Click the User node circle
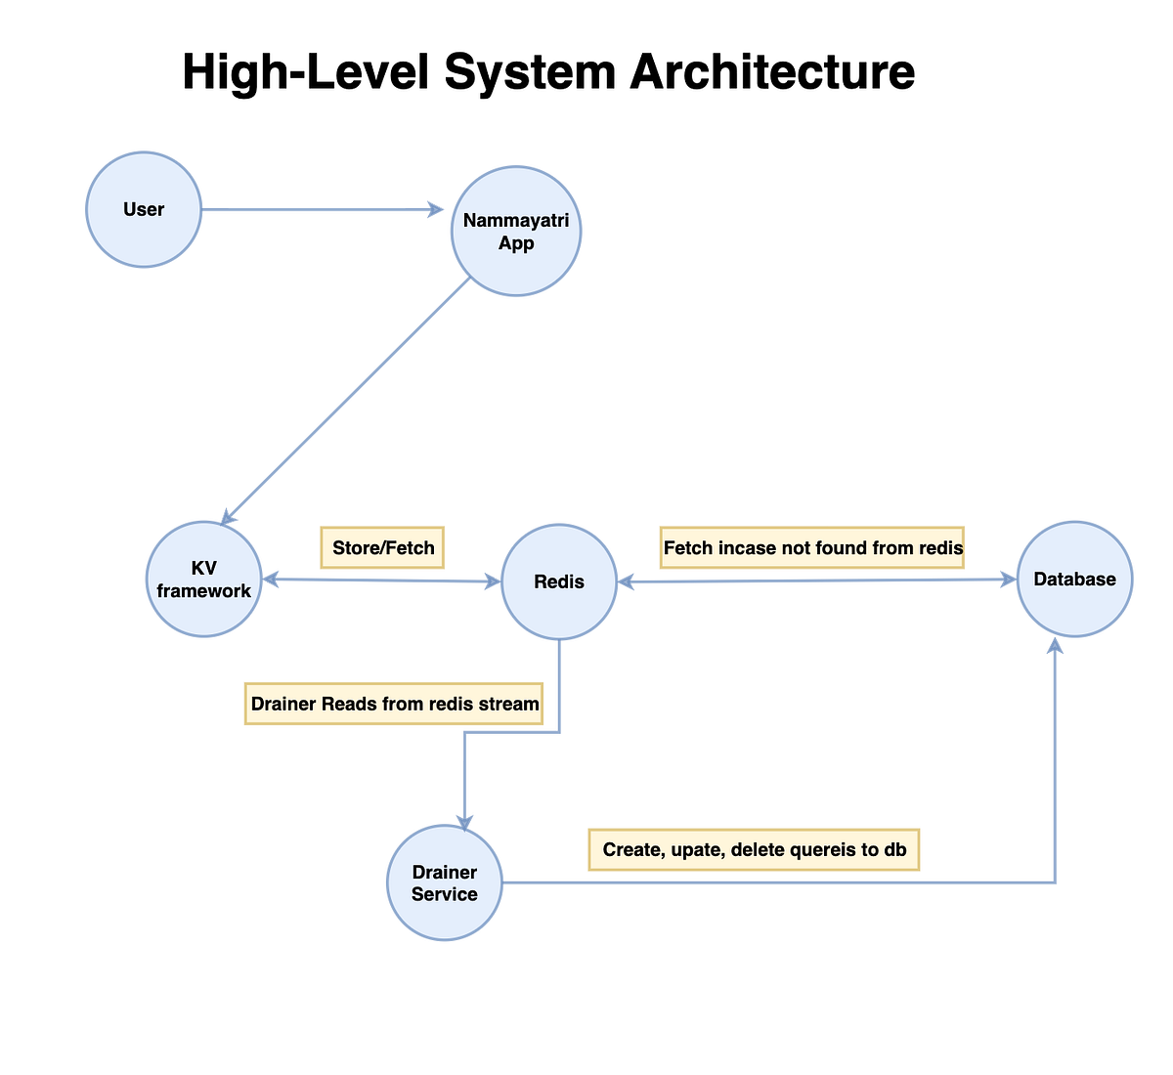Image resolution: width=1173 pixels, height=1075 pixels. click(x=144, y=209)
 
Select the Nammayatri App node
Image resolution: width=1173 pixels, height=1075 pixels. click(x=516, y=232)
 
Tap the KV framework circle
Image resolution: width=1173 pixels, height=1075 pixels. click(x=204, y=580)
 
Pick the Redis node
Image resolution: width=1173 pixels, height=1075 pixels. click(x=559, y=581)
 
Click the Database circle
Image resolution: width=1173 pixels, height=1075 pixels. click(x=1074, y=580)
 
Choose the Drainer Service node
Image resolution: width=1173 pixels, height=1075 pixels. click(x=445, y=882)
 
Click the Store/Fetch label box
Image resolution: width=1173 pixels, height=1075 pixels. click(x=383, y=547)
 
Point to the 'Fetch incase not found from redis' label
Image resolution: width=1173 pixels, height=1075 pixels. click(x=812, y=547)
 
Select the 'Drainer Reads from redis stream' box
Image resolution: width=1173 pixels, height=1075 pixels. click(x=394, y=704)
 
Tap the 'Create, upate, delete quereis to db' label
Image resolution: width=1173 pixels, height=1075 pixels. click(x=754, y=849)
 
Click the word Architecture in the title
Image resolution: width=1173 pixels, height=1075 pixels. click(x=772, y=72)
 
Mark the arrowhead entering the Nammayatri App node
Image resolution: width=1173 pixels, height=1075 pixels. click(x=436, y=209)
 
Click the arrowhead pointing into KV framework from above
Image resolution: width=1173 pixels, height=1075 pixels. click(x=226, y=518)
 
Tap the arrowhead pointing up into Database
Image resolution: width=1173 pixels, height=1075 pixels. click(x=1055, y=645)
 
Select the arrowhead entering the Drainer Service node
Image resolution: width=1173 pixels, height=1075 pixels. click(x=464, y=823)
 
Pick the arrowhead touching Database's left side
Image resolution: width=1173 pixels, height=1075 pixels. click(x=1009, y=580)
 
